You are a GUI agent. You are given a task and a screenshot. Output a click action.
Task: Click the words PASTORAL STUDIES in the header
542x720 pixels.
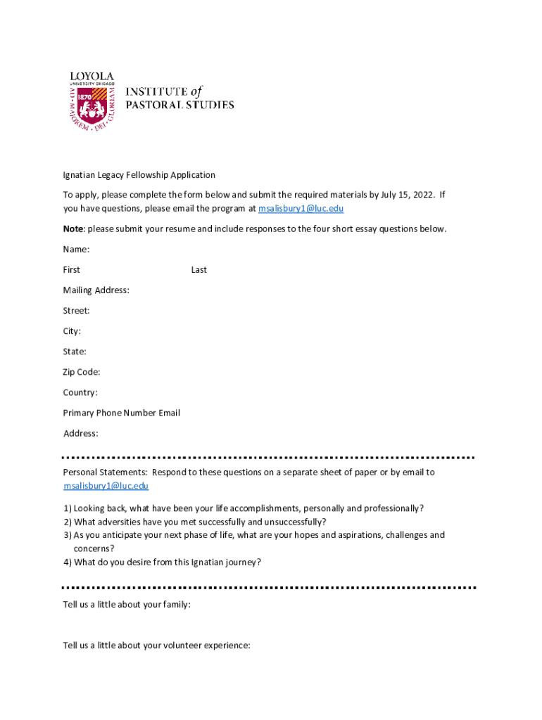[x=179, y=105]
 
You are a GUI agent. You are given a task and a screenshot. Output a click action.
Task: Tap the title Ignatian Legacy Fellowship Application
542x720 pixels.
[x=139, y=175]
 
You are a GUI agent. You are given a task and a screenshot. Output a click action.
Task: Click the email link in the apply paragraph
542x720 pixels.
[x=301, y=209]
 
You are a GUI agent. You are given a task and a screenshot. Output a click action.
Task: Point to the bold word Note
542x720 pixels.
[x=73, y=229]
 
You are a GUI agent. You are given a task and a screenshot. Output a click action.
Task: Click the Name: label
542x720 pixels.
[x=76, y=250]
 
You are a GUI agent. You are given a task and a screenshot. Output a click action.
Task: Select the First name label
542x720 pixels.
[x=71, y=270]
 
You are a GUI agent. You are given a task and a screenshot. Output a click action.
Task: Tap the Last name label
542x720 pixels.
[x=198, y=270]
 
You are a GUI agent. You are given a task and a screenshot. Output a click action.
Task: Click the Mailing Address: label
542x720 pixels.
[x=96, y=290]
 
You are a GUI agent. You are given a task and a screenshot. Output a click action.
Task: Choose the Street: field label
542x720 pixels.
[x=76, y=311]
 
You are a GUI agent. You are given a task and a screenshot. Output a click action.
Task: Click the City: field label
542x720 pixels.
[x=72, y=331]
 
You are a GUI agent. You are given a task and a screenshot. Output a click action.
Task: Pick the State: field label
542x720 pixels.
[x=75, y=352]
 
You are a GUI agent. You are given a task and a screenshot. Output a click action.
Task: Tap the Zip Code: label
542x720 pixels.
[x=82, y=372]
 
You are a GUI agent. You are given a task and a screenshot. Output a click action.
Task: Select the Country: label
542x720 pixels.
[x=80, y=392]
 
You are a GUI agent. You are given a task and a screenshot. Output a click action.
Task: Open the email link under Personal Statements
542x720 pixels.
[x=106, y=486]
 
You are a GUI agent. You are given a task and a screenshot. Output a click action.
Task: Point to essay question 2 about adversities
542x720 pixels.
[x=194, y=522]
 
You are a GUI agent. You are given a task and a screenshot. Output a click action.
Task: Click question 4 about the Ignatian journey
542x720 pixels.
[x=162, y=562]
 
